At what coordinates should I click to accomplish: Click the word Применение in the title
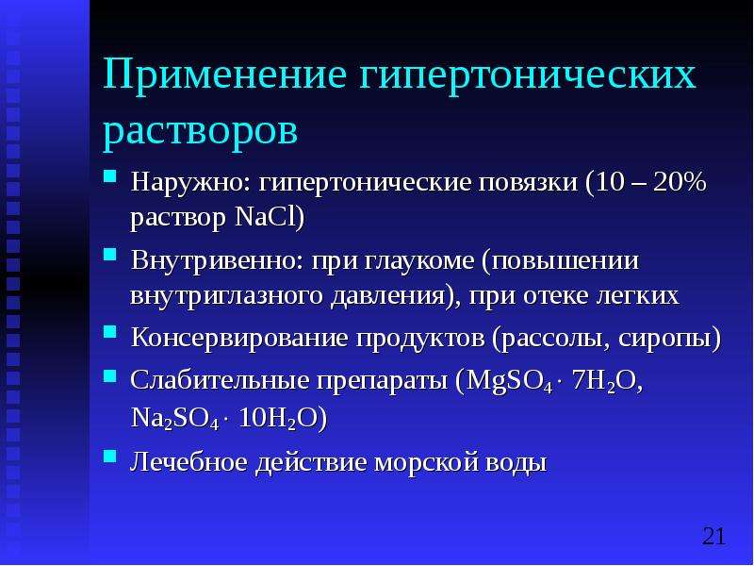(224, 75)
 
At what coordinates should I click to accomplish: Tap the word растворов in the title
(200, 130)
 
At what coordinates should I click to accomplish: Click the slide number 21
(713, 536)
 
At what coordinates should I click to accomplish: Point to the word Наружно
(190, 183)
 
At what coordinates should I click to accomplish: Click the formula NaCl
(266, 218)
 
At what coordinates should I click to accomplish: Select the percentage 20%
(680, 182)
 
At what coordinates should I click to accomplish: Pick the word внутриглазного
(226, 295)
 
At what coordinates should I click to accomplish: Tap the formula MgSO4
(509, 382)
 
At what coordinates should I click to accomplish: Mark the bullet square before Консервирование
(110, 331)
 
